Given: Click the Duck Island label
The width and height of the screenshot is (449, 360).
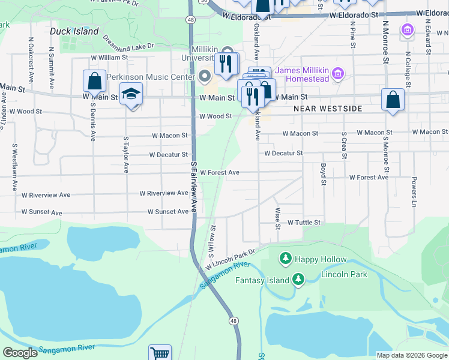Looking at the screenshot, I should click(x=74, y=31).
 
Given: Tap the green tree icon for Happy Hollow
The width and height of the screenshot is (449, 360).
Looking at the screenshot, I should click(x=286, y=259).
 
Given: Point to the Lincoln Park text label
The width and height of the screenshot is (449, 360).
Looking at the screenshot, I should click(x=344, y=274).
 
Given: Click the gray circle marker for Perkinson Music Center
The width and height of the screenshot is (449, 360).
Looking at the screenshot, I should click(x=205, y=76).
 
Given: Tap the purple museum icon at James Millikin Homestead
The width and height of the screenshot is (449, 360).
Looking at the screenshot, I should click(x=339, y=74).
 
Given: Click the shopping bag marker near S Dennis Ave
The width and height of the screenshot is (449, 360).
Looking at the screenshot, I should click(x=95, y=81).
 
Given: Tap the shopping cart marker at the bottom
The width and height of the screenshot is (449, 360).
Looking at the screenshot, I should click(x=160, y=354).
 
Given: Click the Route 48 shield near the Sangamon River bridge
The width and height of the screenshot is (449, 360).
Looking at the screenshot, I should click(x=234, y=321).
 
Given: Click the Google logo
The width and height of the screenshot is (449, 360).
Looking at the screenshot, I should click(x=20, y=353).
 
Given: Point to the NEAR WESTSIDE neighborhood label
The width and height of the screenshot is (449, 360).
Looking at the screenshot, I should click(x=328, y=109).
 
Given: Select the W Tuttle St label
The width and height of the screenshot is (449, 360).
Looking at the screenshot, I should click(x=304, y=222).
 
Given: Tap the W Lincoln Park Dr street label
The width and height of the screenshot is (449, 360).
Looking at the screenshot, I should click(x=231, y=260).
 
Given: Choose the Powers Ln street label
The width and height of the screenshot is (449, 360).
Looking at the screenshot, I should click(x=414, y=191).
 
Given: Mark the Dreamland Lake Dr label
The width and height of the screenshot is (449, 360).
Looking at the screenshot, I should click(x=128, y=41).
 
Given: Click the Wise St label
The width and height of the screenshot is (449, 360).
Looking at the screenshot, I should click(x=277, y=218).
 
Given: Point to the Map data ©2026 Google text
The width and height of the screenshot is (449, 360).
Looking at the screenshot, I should click(x=411, y=355).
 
